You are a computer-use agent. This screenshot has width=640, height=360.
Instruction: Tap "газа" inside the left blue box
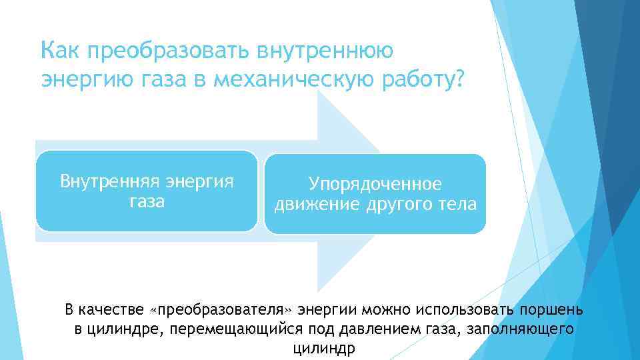tap(147, 201)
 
